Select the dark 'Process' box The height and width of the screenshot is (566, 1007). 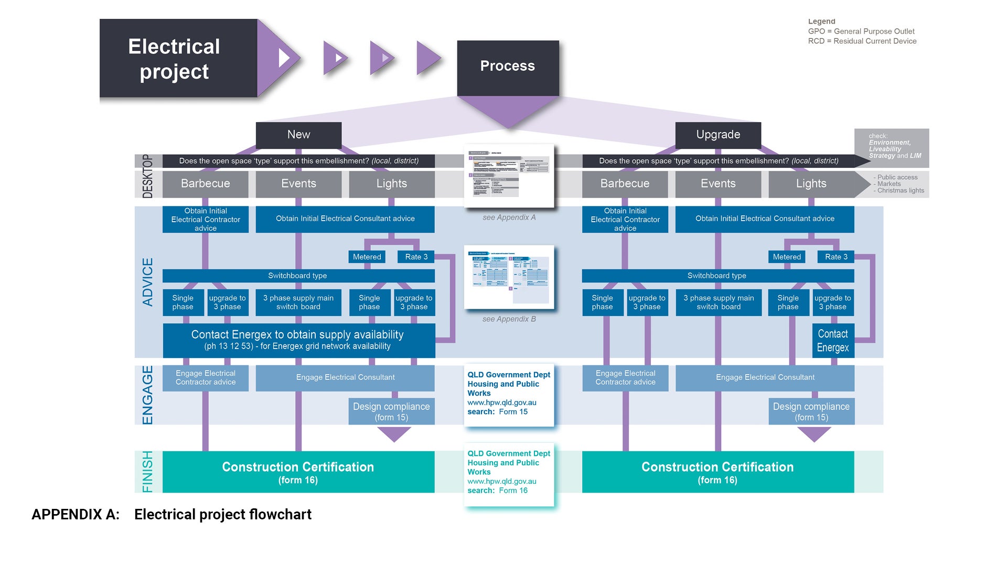508,67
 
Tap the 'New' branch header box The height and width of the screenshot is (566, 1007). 298,135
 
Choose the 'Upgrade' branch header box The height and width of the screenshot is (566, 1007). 718,135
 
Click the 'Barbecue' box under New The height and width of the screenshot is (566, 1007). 205,183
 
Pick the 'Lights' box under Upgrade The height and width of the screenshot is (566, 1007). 811,183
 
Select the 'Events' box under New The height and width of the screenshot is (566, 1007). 298,183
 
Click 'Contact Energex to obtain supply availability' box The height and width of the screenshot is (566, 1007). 298,340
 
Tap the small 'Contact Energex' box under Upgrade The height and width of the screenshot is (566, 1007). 833,341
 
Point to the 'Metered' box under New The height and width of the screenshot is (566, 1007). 367,257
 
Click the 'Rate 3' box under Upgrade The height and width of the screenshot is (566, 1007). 836,257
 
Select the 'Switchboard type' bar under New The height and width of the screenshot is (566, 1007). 298,276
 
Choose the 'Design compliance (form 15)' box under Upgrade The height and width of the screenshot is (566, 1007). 811,411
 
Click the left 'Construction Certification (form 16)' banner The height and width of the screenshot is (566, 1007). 298,472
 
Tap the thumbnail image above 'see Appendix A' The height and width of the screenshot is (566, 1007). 509,176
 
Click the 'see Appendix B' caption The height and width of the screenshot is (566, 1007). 509,319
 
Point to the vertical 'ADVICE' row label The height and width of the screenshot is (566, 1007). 148,282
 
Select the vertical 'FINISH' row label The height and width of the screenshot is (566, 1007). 148,472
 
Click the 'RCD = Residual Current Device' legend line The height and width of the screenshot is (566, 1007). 862,41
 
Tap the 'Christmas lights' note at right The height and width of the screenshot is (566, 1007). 901,191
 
